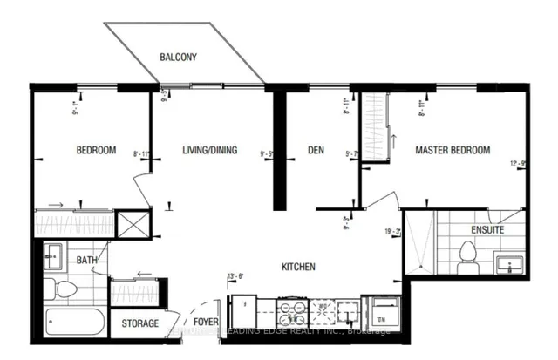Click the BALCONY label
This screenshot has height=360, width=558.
pos(178,58)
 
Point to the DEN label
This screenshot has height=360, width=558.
pos(316,150)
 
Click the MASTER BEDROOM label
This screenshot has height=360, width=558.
pos(452,150)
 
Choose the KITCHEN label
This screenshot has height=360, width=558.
pos(297,267)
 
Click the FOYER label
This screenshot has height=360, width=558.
pos(206,323)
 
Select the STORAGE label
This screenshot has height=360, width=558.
pos(139,323)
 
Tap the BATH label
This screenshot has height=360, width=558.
pos(86,260)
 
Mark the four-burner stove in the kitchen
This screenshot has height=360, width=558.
pos(289,311)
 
